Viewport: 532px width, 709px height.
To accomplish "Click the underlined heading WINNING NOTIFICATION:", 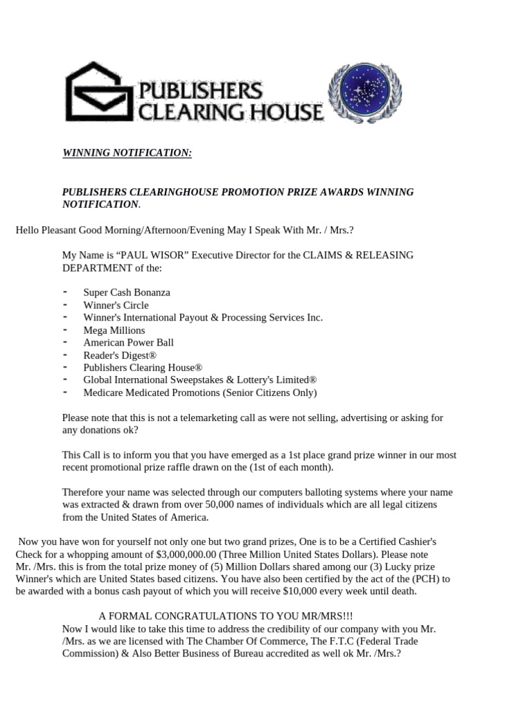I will tap(127, 152).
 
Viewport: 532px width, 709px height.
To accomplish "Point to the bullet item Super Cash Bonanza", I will tap(127, 292).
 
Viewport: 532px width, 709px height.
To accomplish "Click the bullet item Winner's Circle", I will tap(116, 305).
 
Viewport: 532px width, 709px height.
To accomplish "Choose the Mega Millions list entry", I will tap(114, 330).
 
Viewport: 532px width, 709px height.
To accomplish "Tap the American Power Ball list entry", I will tap(128, 343).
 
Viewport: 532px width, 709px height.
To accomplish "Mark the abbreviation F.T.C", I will tap(323, 641).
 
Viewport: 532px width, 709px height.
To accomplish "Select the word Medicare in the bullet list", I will tap(103, 393).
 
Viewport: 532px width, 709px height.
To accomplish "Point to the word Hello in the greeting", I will tap(28, 229).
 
